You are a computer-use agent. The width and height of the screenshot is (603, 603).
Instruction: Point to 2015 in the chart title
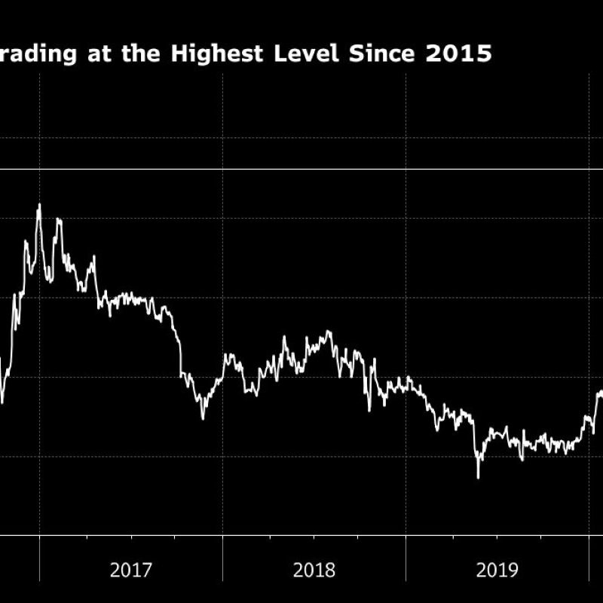click(x=461, y=54)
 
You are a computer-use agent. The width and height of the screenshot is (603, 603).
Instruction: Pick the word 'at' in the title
click(x=97, y=54)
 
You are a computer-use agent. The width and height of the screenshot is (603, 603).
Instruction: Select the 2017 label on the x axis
click(x=131, y=570)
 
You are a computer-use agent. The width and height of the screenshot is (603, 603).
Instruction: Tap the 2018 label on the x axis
click(x=314, y=570)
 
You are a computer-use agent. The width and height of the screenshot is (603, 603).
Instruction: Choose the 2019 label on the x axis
click(x=497, y=570)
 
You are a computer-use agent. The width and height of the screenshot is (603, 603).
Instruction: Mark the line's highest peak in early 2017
click(x=39, y=204)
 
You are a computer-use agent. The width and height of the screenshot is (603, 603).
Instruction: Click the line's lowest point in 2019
click(x=478, y=477)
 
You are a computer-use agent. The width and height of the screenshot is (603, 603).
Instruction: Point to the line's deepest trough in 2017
click(x=202, y=418)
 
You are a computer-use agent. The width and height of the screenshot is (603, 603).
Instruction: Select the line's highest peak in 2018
click(x=329, y=331)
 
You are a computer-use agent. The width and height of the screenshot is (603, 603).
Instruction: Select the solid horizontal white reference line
click(x=301, y=169)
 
